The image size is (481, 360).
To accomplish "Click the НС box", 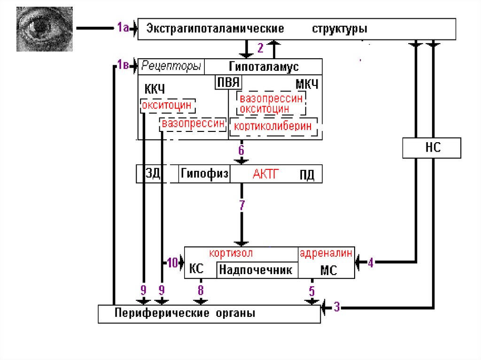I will click(432, 148).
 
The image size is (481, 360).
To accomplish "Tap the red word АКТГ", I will click(266, 174).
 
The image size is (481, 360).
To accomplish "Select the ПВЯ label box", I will click(228, 83).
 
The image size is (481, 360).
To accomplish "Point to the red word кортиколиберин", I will click(272, 126).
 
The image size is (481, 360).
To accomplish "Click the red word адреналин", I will click(326, 253).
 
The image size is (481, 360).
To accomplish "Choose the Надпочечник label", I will click(256, 270).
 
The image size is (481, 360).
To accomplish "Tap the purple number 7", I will click(242, 205).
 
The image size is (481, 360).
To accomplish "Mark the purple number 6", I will click(241, 150).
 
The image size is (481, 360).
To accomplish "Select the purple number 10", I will click(172, 263).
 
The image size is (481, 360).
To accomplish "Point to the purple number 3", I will click(337, 308).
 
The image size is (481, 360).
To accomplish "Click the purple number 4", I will click(371, 263).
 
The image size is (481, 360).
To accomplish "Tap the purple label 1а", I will click(123, 28).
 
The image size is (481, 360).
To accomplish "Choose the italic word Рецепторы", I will click(171, 67).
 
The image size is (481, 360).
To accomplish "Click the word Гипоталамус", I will click(264, 67).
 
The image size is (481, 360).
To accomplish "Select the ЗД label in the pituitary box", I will click(153, 174).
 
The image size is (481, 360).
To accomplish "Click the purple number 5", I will click(311, 291).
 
